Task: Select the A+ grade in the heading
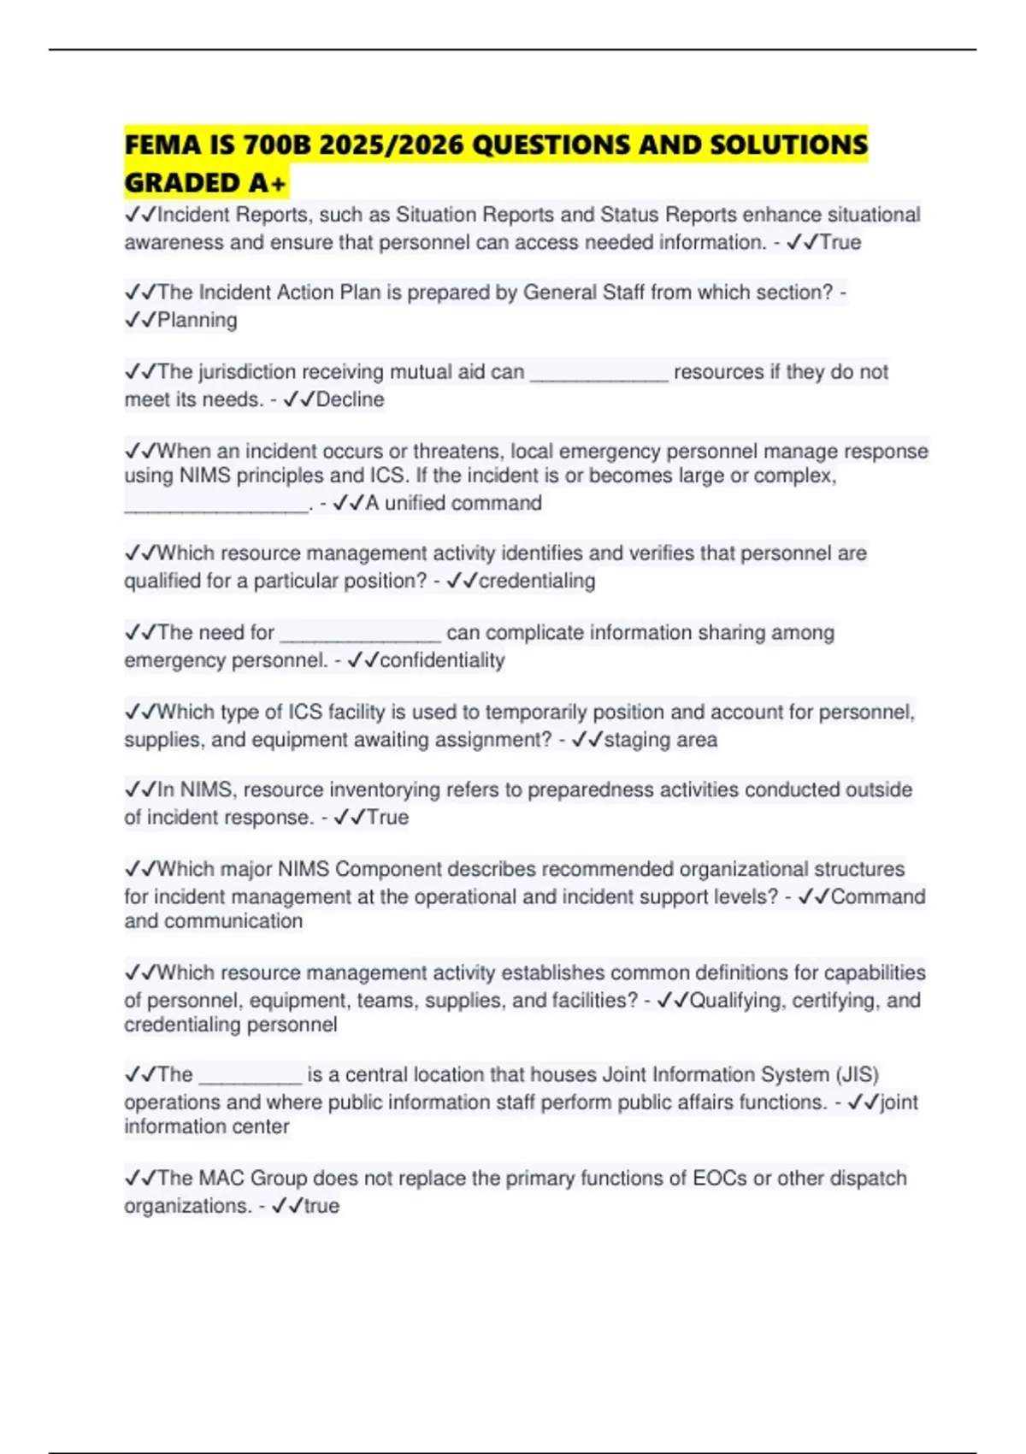point(268,183)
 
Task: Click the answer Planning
point(198,320)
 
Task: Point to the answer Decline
point(350,399)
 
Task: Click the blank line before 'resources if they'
point(598,373)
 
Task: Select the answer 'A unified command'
point(453,503)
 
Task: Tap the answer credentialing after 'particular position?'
point(536,581)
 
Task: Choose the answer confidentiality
point(441,660)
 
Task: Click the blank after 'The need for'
point(360,634)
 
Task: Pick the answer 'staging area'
point(660,740)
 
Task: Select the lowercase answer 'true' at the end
point(321,1206)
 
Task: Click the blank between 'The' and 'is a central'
point(250,1076)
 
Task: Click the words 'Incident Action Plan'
point(289,293)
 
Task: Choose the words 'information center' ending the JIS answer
point(206,1126)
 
